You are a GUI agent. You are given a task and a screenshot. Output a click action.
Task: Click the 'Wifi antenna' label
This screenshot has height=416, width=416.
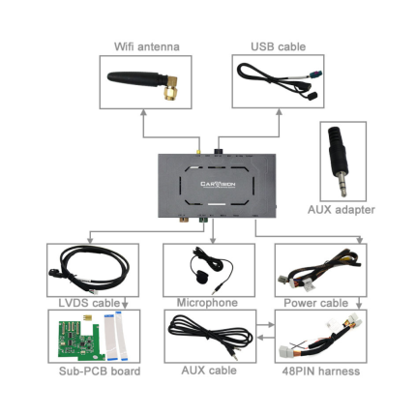point(147,46)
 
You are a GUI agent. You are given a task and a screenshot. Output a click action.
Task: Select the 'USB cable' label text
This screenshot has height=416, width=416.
point(278,46)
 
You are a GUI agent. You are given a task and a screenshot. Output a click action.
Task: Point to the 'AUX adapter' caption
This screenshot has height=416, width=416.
point(342,210)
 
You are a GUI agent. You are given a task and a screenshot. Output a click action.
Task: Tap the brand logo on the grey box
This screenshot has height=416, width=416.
point(218,185)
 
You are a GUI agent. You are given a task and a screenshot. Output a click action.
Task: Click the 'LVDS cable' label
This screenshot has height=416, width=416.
point(89,303)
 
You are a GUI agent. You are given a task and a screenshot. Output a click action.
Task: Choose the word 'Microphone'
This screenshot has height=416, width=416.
point(207,303)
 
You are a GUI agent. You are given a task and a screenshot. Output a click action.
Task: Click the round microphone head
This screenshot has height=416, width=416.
point(201,277)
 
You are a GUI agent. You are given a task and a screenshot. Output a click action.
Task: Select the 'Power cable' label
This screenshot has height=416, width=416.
point(315,303)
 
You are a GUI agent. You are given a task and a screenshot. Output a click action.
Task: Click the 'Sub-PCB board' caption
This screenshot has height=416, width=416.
point(100,371)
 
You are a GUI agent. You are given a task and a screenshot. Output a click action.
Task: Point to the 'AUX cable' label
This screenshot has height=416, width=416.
point(209,371)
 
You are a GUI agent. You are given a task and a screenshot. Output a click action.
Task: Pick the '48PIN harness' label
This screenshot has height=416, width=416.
point(321,371)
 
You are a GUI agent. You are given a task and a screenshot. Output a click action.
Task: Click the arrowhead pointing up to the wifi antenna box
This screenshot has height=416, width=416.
point(144,112)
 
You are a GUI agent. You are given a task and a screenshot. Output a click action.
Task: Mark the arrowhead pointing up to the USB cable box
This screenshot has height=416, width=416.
point(279,112)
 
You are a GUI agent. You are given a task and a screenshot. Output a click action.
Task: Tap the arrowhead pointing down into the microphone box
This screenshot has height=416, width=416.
point(213,240)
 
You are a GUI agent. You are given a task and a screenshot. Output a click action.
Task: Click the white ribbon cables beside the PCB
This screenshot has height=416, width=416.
point(116,336)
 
